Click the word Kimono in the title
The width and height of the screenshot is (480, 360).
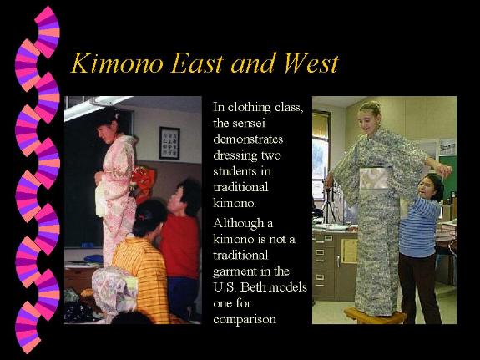(117, 63)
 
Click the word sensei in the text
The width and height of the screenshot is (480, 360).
(248, 123)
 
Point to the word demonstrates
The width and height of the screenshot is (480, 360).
(248, 139)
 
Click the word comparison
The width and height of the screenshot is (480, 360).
(245, 320)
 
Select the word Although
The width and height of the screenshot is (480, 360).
(239, 223)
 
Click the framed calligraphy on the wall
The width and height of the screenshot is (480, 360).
(169, 143)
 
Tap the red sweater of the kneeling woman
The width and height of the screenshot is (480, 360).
(180, 245)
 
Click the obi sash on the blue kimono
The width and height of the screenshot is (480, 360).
(374, 178)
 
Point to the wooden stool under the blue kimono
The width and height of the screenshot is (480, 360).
(375, 316)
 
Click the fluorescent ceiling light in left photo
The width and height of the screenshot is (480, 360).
(98, 106)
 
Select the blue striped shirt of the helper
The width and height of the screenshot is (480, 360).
(418, 226)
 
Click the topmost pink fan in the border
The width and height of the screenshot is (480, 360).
(47, 32)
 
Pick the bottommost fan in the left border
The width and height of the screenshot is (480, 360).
(28, 327)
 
